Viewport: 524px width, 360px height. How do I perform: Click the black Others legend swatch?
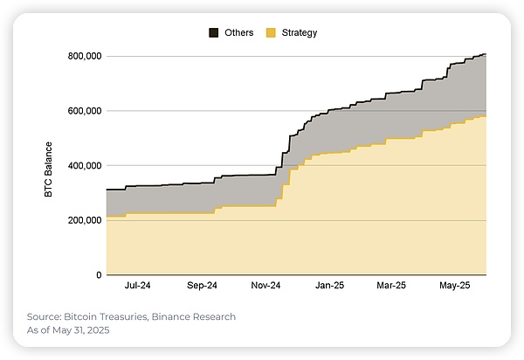[x=214, y=33]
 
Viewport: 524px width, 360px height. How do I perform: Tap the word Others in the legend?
[x=238, y=33]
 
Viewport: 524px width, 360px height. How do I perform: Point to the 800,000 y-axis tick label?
[x=84, y=56]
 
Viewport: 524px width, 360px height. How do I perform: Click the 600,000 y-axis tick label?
[x=84, y=111]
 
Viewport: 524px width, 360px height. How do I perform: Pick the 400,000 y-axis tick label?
[x=84, y=166]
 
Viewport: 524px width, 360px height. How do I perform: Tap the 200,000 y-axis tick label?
[x=84, y=220]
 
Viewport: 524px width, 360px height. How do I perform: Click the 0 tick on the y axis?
[x=97, y=275]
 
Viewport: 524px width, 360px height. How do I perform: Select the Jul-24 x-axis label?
[x=137, y=286]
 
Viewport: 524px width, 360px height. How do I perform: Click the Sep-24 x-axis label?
[x=202, y=286]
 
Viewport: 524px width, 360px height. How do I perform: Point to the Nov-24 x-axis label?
[x=265, y=286]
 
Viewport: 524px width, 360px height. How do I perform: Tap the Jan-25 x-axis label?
[x=330, y=286]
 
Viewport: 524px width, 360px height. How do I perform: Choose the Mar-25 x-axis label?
[x=391, y=286]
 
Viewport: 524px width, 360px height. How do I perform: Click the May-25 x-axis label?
[x=454, y=286]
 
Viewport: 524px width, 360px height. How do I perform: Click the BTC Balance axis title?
[x=50, y=166]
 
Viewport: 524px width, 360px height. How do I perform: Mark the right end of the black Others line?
[x=486, y=54]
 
